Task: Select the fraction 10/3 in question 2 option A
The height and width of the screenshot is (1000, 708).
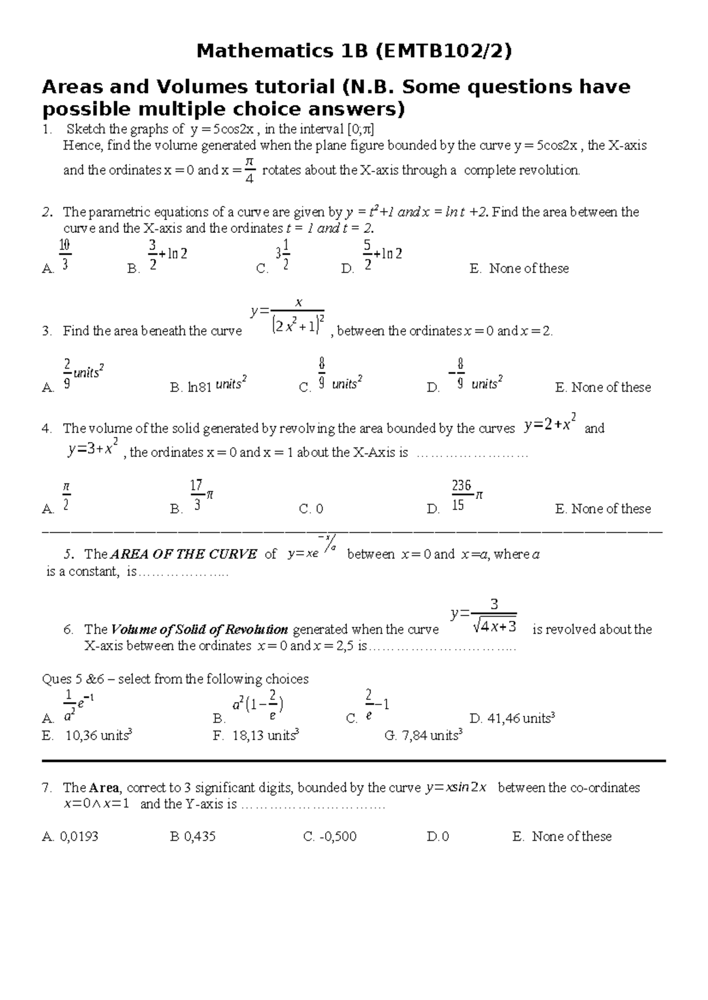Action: click(65, 255)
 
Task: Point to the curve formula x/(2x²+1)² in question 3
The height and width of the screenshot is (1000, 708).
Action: click(287, 317)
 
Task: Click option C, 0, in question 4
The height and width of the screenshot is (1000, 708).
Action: click(311, 509)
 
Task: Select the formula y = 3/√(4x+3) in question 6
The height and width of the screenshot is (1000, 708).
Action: click(484, 617)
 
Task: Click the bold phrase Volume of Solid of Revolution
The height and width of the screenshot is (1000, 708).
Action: click(199, 629)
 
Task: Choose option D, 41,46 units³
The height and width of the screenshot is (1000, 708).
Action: click(512, 718)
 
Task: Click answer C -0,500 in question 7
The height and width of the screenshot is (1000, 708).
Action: click(330, 836)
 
